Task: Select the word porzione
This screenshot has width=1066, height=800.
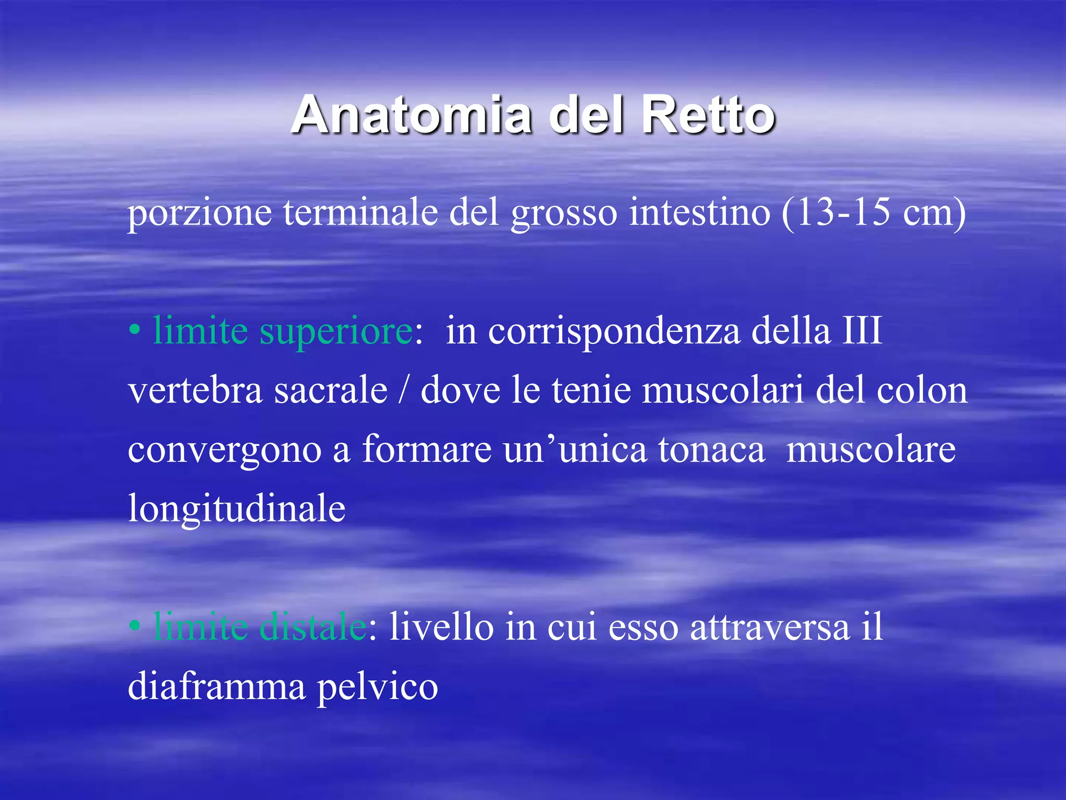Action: [199, 214]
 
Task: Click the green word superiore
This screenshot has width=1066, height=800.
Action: [336, 332]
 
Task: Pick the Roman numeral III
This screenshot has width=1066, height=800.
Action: [861, 331]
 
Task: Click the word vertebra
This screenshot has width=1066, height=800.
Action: [195, 391]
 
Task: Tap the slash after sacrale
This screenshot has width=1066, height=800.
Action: [403, 391]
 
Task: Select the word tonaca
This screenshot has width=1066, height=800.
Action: [711, 449]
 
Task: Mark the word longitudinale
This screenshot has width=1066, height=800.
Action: [237, 509]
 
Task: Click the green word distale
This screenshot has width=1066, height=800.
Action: [313, 627]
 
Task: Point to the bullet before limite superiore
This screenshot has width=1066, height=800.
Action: [134, 331]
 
